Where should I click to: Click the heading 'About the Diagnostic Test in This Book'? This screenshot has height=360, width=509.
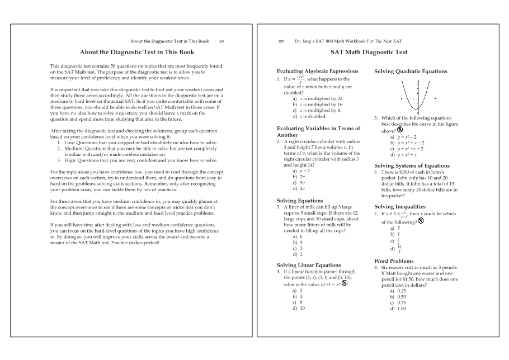pos(137,52)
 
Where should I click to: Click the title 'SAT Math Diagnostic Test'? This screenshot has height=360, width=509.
pos(369,52)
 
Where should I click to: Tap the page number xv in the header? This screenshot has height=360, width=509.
pos(222,41)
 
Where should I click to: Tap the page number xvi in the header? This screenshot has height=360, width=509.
pos(281,41)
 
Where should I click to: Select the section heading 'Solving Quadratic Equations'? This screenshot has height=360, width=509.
pos(410,72)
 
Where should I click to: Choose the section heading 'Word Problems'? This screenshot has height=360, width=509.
pos(394,261)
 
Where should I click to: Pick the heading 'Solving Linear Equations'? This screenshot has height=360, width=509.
pos(308,265)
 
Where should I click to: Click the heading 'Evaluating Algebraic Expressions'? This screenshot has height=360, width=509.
pos(318,72)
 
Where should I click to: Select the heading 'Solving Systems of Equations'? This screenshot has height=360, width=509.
pos(411,165)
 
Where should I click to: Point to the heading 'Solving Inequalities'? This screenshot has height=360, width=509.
pos(399,207)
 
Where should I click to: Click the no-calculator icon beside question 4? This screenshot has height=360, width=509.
pos(345,283)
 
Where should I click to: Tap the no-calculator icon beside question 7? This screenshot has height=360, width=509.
pos(421,221)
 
